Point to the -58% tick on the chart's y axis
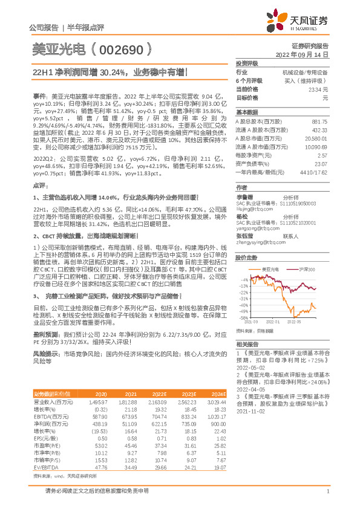[243, 317]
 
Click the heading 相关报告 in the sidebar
[246, 343]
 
